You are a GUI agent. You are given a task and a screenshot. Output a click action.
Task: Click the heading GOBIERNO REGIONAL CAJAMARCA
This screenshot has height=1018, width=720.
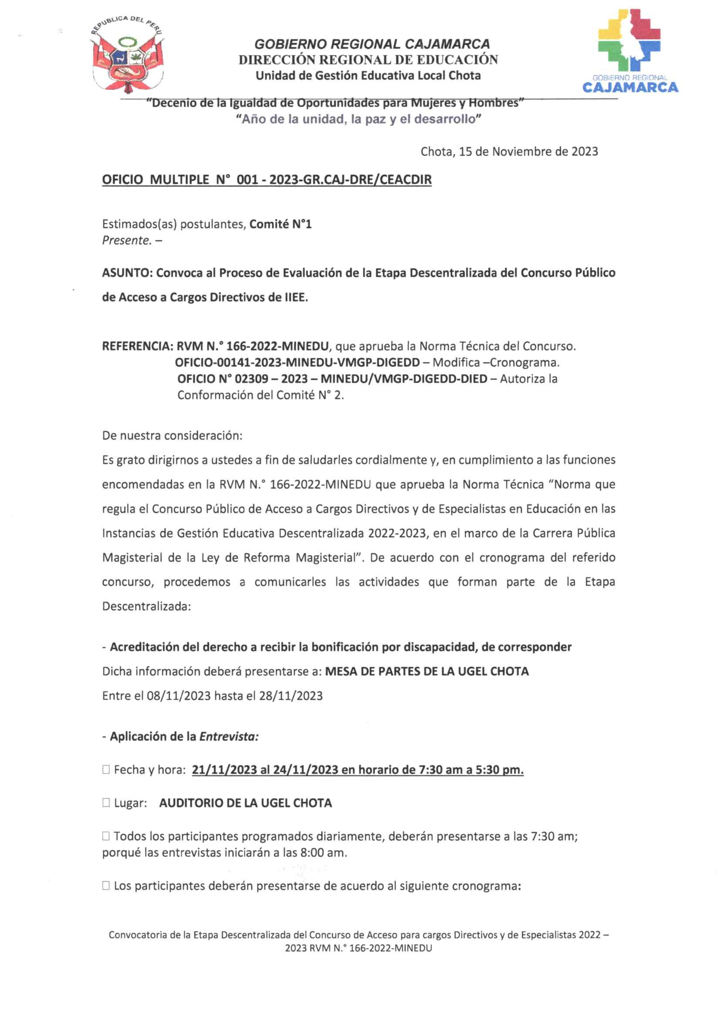[x=372, y=44]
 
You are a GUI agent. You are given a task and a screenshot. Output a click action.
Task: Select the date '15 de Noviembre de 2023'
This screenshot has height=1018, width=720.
[x=528, y=152]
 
